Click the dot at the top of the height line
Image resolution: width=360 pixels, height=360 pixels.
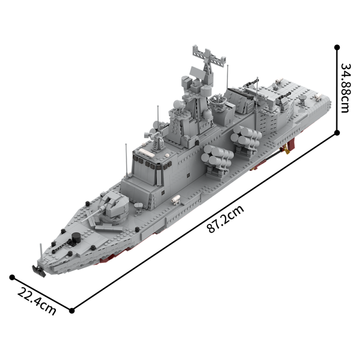pyautogui.click(x=337, y=46)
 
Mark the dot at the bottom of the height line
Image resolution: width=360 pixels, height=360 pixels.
pyautogui.click(x=337, y=132)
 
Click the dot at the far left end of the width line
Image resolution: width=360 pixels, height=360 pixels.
pyautogui.click(x=12, y=278)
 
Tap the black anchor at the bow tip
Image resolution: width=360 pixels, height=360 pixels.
pyautogui.click(x=37, y=269)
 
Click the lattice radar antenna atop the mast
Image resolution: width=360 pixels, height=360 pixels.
pyautogui.click(x=208, y=56)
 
